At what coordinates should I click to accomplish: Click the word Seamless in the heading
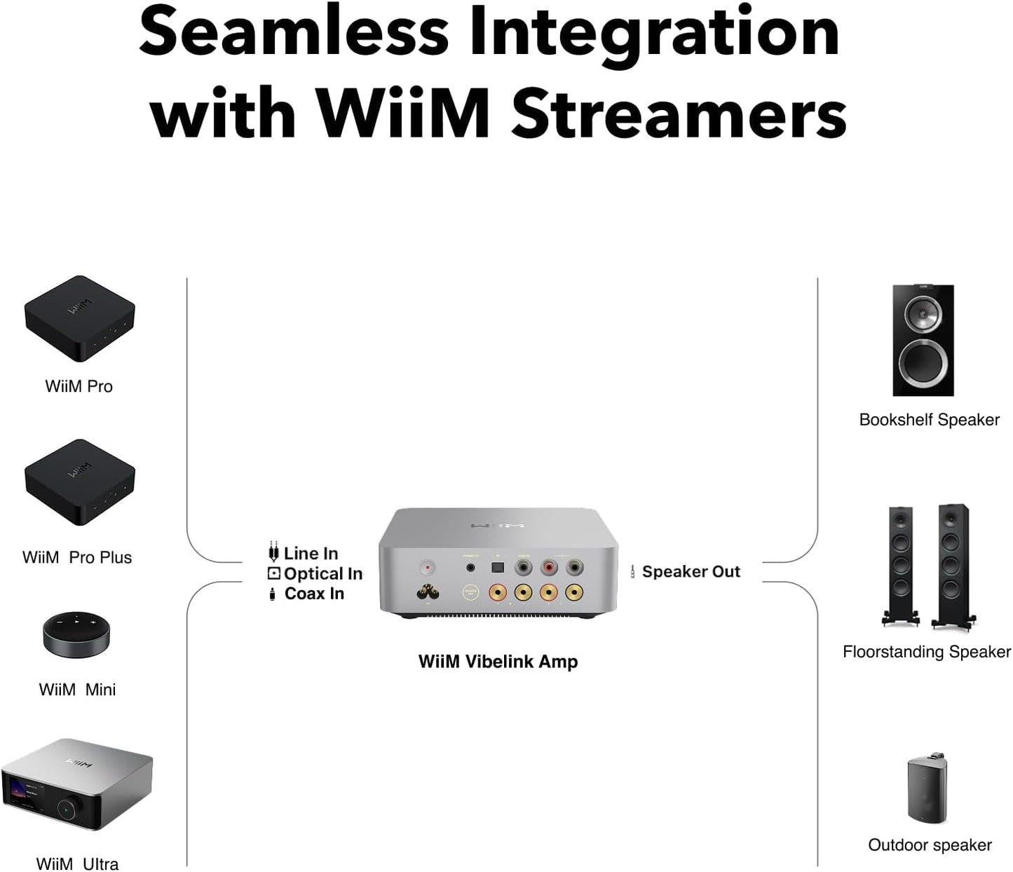coord(294,33)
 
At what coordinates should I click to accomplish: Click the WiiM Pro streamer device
coord(79,318)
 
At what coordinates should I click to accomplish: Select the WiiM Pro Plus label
coord(77,557)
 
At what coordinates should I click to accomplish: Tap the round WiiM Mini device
coord(76,634)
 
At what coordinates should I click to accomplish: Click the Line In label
coord(311,553)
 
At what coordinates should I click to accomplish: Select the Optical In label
coord(322,573)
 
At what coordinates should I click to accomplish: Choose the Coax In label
coord(314,594)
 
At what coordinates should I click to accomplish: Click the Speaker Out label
coord(691,571)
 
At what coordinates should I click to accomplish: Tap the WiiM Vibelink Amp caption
coord(498,662)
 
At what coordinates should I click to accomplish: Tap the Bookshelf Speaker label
coord(929,420)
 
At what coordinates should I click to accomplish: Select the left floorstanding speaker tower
coord(900,564)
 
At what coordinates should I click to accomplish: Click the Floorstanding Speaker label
coord(926,652)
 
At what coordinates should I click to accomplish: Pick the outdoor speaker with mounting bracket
coord(927,789)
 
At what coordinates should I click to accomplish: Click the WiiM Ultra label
coord(77,864)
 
